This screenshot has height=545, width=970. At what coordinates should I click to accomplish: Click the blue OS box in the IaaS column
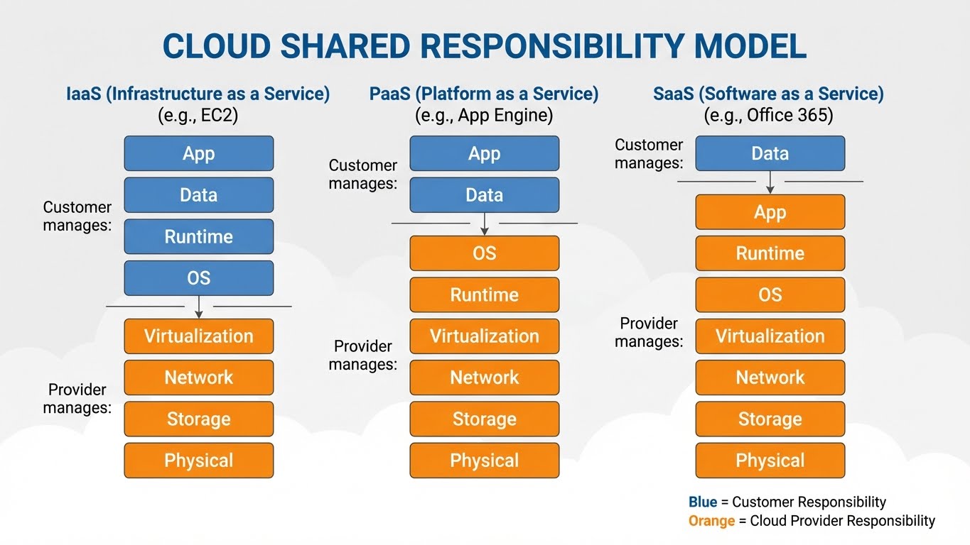point(198,278)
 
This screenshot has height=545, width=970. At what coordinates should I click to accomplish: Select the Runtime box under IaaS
point(198,236)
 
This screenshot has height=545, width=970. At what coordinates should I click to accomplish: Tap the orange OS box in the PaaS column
point(484,253)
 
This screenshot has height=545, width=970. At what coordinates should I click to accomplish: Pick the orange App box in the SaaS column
point(770,212)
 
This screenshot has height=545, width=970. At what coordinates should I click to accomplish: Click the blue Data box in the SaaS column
point(770,153)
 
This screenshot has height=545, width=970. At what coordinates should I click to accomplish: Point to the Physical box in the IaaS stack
point(198,461)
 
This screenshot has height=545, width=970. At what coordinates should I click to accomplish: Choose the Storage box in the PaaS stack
point(484,419)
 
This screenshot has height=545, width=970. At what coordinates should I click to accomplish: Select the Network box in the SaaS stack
point(770,378)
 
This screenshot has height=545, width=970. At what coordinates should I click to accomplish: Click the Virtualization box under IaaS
point(198,336)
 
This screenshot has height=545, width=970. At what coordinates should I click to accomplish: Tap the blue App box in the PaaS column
point(484,153)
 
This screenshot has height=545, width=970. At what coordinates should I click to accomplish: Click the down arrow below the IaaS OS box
point(199,307)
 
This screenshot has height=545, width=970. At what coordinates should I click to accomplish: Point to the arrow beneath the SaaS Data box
point(770,183)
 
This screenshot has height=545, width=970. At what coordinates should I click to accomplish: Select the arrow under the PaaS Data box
point(485,225)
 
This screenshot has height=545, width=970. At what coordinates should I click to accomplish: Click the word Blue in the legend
point(703,502)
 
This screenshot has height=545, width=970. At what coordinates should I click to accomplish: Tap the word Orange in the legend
point(711,521)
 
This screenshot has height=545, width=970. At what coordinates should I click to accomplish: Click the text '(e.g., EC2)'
point(198,115)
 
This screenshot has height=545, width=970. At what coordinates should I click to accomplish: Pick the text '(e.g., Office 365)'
point(768,115)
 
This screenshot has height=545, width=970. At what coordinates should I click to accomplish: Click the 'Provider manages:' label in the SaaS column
point(649,332)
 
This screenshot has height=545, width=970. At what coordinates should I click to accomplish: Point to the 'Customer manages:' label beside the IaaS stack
point(77,216)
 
